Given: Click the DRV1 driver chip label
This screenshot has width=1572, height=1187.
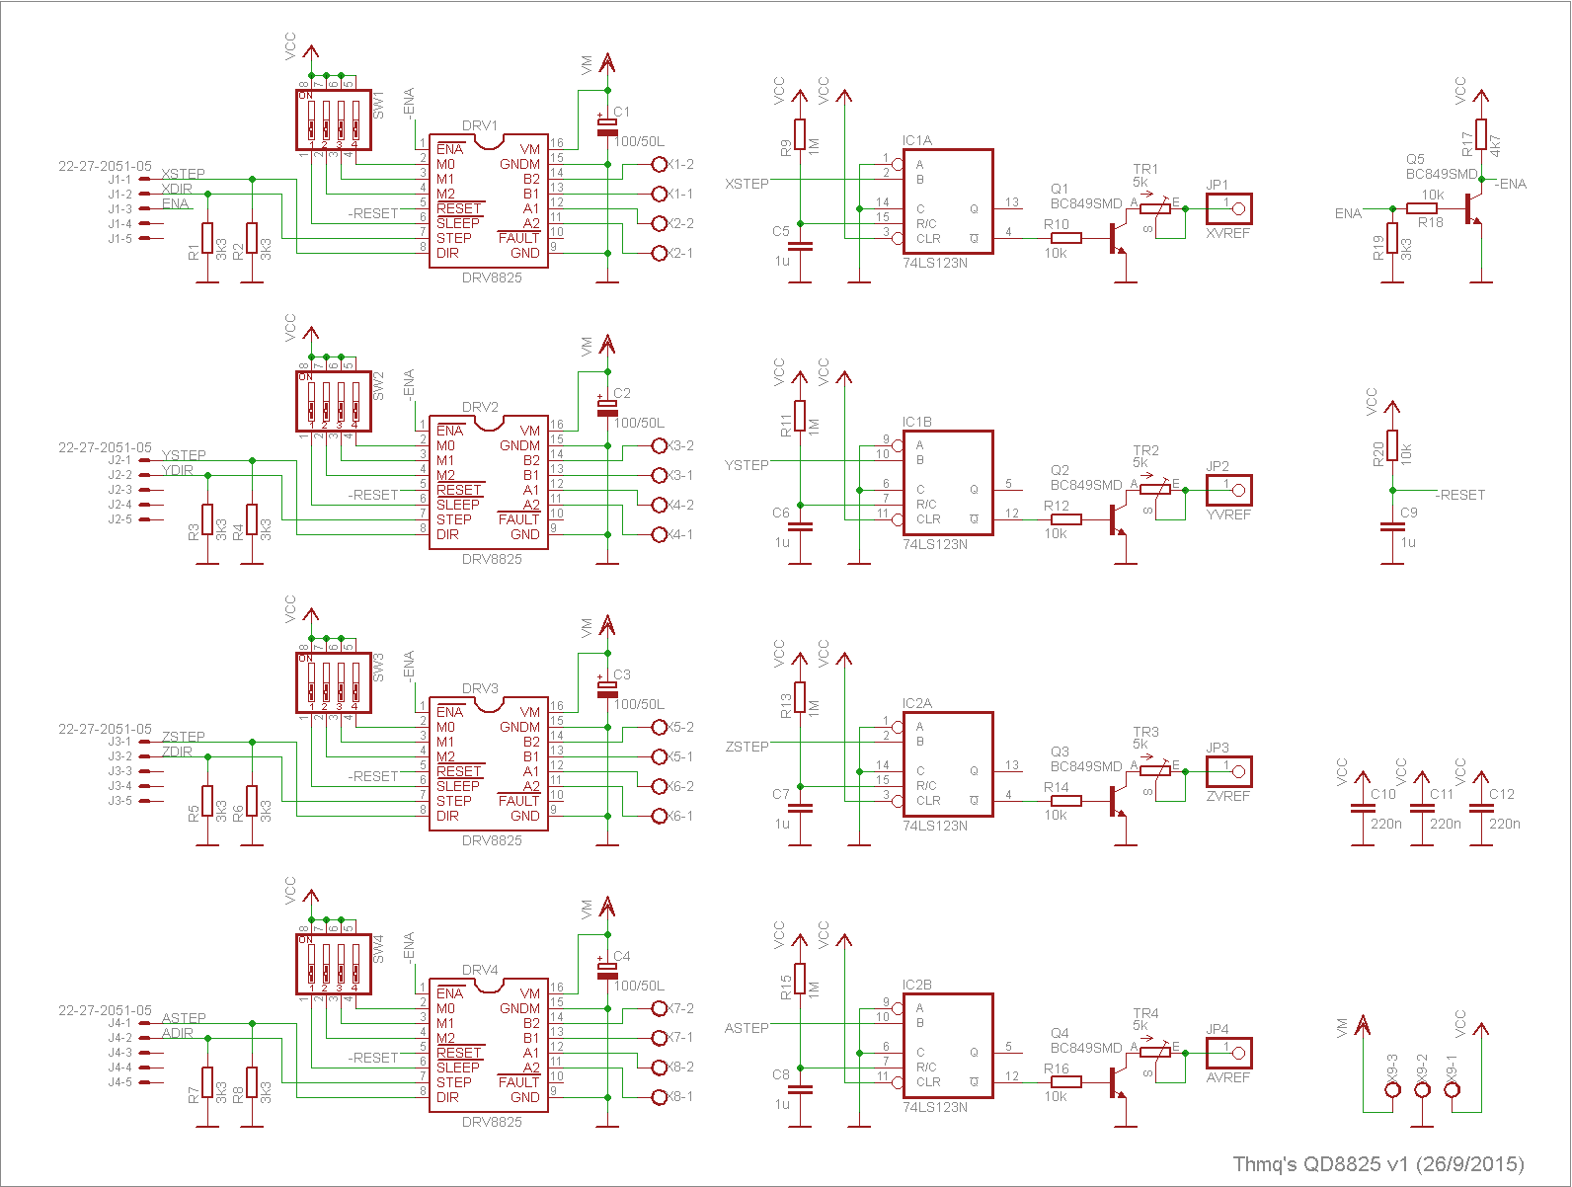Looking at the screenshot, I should (480, 125).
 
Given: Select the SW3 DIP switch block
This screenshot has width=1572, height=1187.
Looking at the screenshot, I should (334, 682).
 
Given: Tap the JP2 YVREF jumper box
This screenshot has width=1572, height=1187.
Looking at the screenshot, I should (1228, 490).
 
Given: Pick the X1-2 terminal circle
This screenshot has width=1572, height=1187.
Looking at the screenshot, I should (660, 164).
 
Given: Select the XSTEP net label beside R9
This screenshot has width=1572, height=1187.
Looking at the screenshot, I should (747, 184).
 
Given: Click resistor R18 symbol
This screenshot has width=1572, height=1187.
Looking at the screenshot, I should (1422, 208).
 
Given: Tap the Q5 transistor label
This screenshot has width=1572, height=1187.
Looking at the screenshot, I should (1415, 159).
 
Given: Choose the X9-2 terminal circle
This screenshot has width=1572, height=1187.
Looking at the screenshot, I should (1422, 1090).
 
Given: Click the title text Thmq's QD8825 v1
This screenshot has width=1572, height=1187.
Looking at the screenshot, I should (1377, 1164).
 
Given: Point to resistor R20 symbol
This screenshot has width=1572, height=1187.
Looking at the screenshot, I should (1392, 446).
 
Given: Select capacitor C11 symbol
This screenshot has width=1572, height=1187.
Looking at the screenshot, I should (1422, 809).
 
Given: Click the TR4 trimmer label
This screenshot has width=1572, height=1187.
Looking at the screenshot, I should (1145, 1013).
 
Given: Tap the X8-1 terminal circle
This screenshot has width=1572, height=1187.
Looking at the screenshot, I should (660, 1097).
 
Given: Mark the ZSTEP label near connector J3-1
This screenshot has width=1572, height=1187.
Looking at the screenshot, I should (184, 737).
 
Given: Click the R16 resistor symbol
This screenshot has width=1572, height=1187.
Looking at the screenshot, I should (1066, 1082).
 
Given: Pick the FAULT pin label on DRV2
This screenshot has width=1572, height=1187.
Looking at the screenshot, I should (518, 519).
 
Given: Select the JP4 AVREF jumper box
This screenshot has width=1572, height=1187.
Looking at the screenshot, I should (1228, 1053).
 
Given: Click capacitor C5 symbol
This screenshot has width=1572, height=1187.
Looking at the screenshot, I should (800, 246).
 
